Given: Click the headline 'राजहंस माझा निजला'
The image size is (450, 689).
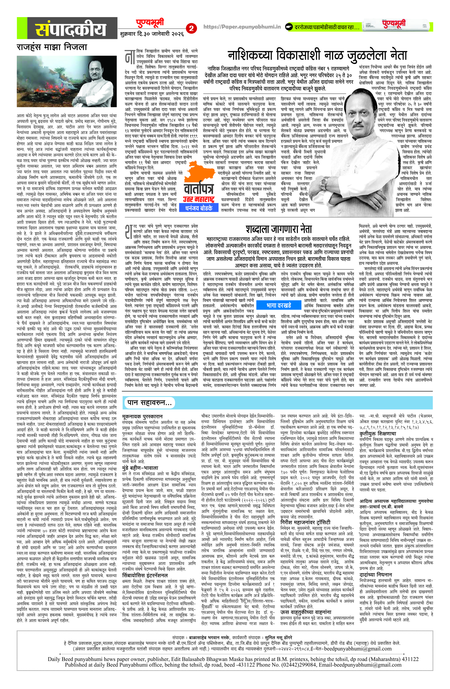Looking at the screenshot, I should [x=52, y=47].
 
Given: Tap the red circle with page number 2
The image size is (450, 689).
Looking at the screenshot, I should [x=191, y=28].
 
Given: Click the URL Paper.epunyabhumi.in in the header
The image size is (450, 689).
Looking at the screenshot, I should [x=242, y=27].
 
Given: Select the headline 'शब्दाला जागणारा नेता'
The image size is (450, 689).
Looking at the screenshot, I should [x=279, y=229].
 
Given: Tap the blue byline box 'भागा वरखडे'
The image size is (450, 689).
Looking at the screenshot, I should [x=279, y=305].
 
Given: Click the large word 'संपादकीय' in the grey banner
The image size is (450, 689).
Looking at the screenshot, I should [x=71, y=29].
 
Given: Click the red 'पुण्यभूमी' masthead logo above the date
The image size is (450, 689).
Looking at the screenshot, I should [x=150, y=23].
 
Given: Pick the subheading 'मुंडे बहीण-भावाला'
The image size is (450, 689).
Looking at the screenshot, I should [x=140, y=468].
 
